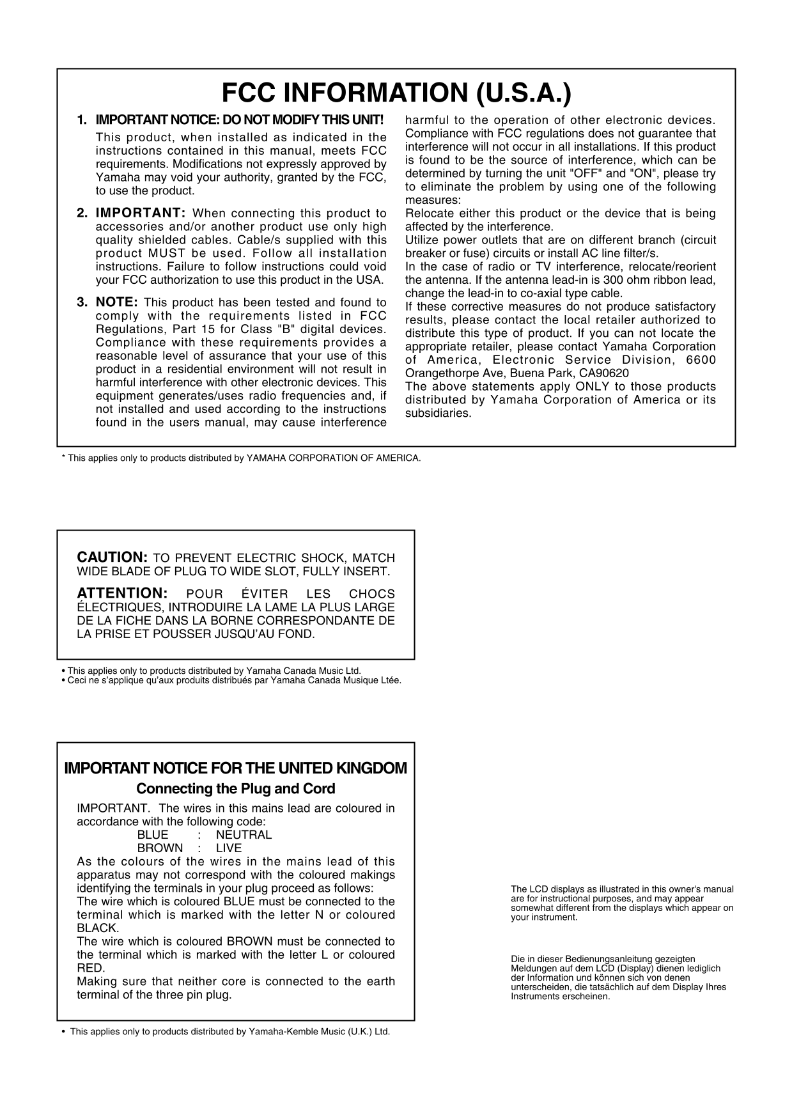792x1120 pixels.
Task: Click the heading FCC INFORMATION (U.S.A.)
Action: point(396,94)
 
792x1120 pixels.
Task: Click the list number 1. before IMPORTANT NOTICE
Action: point(81,120)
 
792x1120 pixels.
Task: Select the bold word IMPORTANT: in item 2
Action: point(141,213)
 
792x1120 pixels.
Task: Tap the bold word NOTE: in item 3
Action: point(117,302)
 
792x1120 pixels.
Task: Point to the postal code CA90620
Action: point(604,373)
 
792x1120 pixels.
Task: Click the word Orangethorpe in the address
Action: point(436,373)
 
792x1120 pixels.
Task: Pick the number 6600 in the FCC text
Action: point(701,359)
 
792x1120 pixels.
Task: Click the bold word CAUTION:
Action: point(113,557)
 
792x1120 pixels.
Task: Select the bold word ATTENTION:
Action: point(122,593)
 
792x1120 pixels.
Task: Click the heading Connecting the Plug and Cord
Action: point(236,788)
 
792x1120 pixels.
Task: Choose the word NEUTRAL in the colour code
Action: point(244,835)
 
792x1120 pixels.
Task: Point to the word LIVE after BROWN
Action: point(229,848)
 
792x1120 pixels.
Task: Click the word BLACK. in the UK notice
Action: point(98,928)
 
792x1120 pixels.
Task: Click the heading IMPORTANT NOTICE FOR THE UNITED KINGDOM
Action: point(236,768)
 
